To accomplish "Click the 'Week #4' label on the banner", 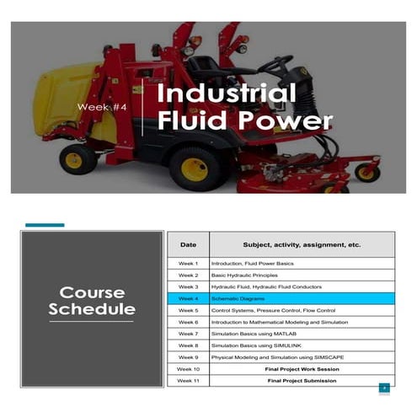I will (x=102, y=107).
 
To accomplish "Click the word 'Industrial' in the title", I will (x=227, y=93).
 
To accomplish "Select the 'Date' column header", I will (x=188, y=244).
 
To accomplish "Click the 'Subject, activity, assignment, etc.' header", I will (x=302, y=244).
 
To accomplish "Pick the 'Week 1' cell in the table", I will (x=188, y=264).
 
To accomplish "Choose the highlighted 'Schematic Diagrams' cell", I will (x=237, y=299).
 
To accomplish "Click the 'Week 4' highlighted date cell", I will (x=188, y=299).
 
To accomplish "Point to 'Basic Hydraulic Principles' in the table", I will (x=246, y=275).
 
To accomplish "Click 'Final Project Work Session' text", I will (x=302, y=369).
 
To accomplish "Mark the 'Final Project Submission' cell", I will (x=302, y=381).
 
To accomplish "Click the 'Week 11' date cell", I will (x=188, y=381).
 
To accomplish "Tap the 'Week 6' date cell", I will (x=188, y=322).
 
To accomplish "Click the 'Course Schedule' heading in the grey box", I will (x=92, y=301).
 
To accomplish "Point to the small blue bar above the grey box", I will (x=45, y=225).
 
